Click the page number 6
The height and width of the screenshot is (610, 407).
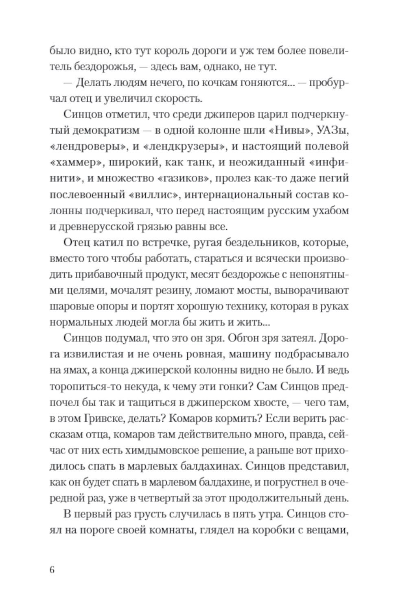(52, 569)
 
